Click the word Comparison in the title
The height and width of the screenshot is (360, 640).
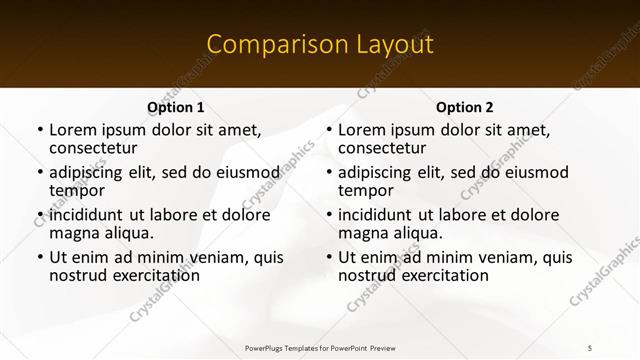[x=265, y=45]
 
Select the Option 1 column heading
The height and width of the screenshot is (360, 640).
[x=176, y=107]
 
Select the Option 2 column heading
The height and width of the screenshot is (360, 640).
[x=465, y=107]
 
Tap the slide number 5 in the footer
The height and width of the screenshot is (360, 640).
[x=590, y=347]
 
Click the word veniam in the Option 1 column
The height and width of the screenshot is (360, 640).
[x=219, y=257]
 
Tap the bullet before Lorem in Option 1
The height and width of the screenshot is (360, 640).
[x=39, y=130]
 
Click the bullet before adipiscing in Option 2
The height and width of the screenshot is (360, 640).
[x=328, y=173]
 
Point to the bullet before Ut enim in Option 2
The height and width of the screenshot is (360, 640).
[x=328, y=258]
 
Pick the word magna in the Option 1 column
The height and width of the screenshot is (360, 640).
[x=75, y=233]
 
